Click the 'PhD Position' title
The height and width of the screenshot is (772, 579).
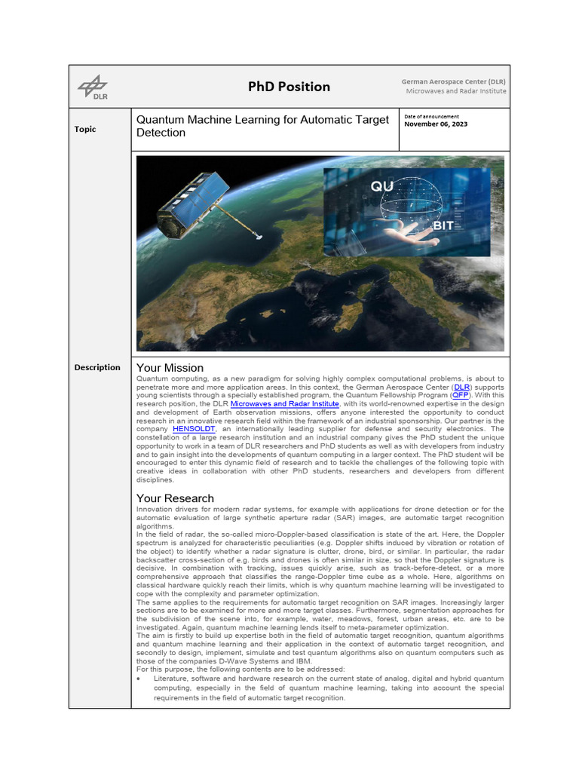289,87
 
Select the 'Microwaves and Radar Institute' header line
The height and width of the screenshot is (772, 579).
456,91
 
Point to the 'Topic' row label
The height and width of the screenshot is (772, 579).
85,129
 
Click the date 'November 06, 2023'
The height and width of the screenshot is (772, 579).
436,124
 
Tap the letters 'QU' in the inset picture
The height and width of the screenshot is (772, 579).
381,186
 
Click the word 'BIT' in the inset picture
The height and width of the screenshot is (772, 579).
443,225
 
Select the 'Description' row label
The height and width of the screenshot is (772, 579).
97,367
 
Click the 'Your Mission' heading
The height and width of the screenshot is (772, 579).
170,368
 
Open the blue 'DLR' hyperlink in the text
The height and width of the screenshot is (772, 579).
461,386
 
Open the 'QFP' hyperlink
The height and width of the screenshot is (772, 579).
458,395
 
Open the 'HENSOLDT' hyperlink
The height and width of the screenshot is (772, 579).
195,428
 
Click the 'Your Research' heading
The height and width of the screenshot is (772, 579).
175,498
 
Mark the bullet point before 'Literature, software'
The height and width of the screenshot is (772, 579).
141,679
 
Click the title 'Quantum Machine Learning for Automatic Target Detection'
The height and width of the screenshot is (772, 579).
262,126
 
